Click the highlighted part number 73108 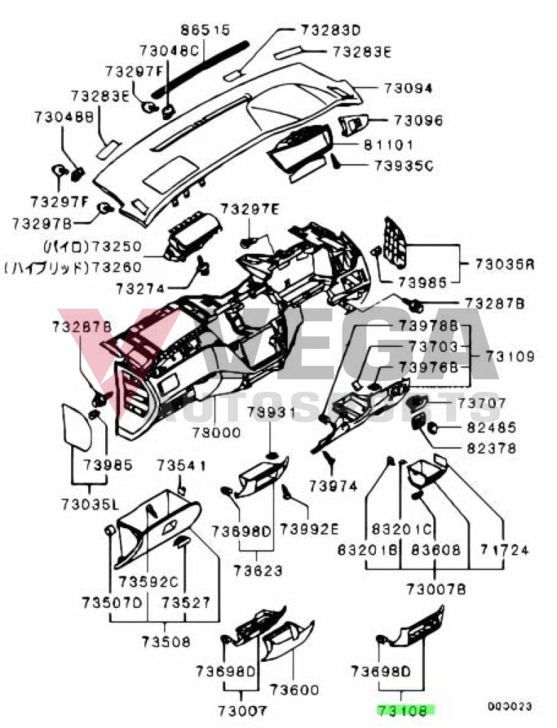(406, 709)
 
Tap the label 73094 (409, 89)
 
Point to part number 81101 (389, 145)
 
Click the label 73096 (418, 121)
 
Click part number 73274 (141, 289)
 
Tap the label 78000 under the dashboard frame (216, 432)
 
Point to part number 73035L (90, 504)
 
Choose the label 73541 (181, 466)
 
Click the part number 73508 (166, 641)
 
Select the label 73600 (294, 690)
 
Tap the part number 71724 (504, 550)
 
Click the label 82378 (492, 449)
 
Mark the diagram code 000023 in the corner (509, 707)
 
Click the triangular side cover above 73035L (76, 427)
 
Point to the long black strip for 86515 (206, 68)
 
